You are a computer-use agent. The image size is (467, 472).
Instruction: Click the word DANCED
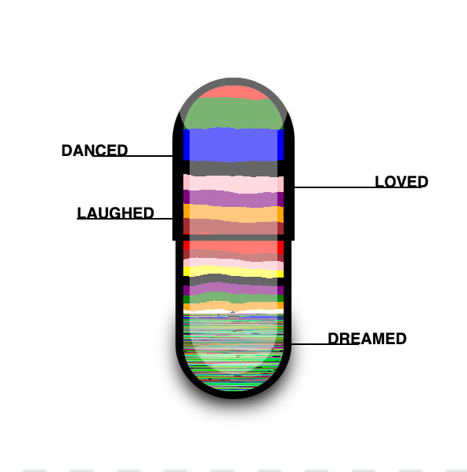click(95, 151)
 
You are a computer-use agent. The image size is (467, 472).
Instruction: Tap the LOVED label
click(401, 182)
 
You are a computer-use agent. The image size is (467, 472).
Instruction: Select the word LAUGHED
click(115, 212)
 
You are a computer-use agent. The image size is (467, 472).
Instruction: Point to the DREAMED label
click(367, 339)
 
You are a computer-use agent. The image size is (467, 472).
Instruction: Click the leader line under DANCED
click(132, 156)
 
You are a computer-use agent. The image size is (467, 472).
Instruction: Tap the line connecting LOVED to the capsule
click(357, 187)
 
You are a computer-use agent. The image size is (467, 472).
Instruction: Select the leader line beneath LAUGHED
click(125, 219)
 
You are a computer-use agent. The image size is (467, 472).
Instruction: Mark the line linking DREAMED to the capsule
click(324, 343)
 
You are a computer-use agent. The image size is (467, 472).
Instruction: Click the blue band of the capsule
click(233, 144)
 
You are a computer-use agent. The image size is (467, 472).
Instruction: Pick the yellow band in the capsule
click(233, 271)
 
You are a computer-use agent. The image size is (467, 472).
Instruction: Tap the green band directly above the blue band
click(233, 113)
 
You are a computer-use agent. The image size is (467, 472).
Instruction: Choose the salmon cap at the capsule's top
click(233, 92)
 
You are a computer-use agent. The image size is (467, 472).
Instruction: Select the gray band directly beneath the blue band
click(233, 169)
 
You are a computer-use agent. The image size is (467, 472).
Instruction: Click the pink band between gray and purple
click(233, 183)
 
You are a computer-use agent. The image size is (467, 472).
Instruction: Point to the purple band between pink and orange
click(233, 198)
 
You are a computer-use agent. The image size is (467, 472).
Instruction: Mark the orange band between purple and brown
click(233, 213)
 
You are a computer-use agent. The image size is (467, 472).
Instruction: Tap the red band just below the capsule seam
click(233, 247)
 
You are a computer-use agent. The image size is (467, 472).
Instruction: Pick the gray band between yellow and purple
click(233, 281)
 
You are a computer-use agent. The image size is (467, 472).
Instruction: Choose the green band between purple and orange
click(233, 298)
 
